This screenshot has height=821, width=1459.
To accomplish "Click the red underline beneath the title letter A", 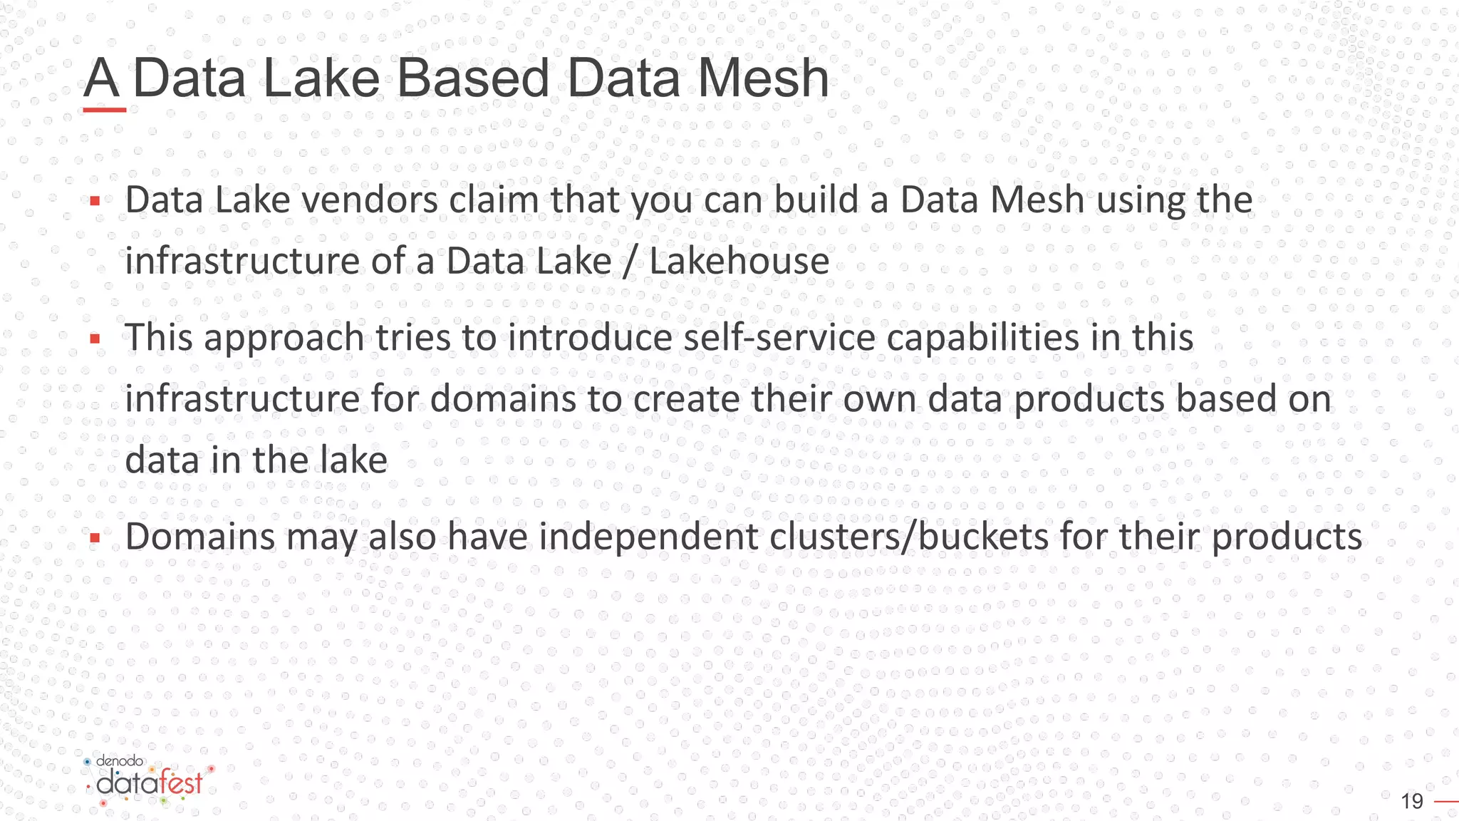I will pyautogui.click(x=105, y=110).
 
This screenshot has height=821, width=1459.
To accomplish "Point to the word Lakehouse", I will pyautogui.click(x=739, y=261).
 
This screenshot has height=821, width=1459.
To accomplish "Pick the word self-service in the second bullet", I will pyautogui.click(x=779, y=337).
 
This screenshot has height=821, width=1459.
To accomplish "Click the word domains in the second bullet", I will pyautogui.click(x=503, y=398).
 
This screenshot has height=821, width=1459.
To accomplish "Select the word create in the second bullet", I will pyautogui.click(x=686, y=398).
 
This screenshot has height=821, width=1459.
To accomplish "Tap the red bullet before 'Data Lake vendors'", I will pyautogui.click(x=95, y=202).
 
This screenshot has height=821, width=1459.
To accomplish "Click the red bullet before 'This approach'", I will pyautogui.click(x=95, y=339).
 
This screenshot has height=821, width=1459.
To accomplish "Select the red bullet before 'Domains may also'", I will pyautogui.click(x=95, y=539).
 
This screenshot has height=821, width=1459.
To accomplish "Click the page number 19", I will pyautogui.click(x=1411, y=802).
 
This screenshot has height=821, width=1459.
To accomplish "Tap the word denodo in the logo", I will pyautogui.click(x=120, y=761).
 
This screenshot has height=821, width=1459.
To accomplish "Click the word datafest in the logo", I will pyautogui.click(x=150, y=783).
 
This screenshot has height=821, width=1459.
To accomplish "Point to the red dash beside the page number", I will pyautogui.click(x=1446, y=802).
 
